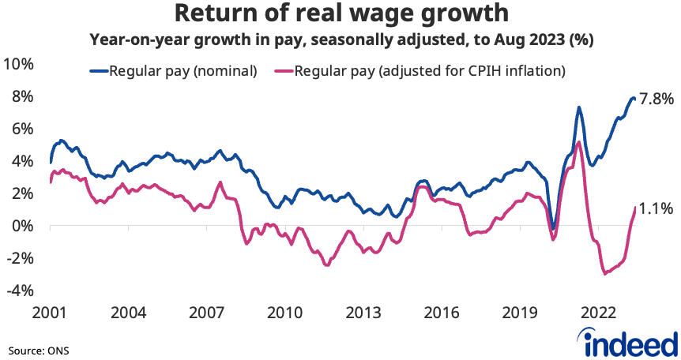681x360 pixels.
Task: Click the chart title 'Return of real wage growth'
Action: [340, 13]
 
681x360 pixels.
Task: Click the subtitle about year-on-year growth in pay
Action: [340, 38]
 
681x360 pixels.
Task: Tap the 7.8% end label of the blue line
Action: [656, 99]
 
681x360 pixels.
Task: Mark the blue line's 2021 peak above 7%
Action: [579, 107]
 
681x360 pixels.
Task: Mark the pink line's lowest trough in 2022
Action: [605, 273]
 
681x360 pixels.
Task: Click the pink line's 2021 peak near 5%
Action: [579, 142]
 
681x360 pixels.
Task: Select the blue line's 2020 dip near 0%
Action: [554, 229]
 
